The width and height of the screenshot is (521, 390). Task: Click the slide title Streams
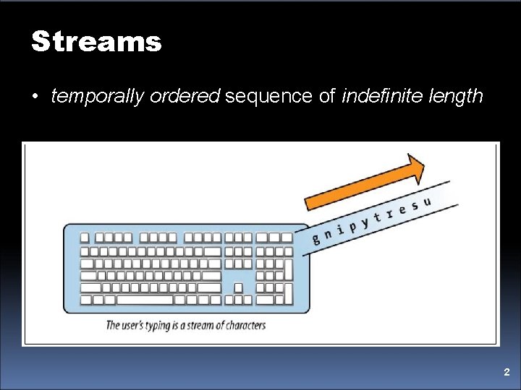(x=96, y=42)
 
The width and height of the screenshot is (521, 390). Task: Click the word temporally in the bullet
(x=98, y=97)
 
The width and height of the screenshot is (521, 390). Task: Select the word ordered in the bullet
(x=185, y=96)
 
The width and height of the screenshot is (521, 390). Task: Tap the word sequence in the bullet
(x=269, y=97)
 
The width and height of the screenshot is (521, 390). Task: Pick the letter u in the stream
(x=427, y=202)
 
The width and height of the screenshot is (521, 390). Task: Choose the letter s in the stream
(x=415, y=207)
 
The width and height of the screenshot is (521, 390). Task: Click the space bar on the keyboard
(x=145, y=299)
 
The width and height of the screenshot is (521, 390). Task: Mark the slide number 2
(x=507, y=373)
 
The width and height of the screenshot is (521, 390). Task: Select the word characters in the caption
(x=241, y=325)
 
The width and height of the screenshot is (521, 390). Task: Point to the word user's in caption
(x=136, y=325)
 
